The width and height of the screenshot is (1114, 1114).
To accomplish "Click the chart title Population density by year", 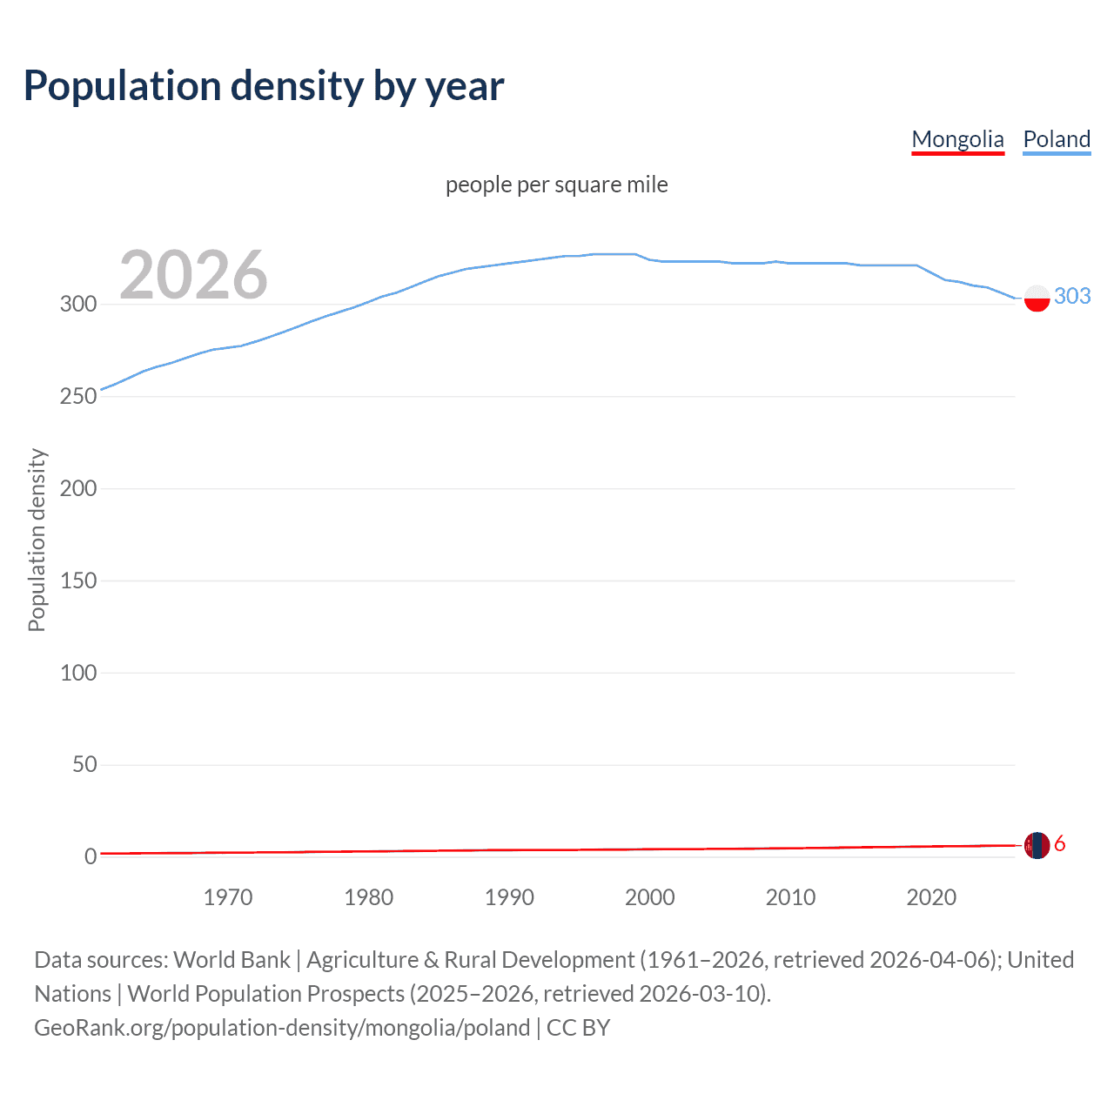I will (x=264, y=86).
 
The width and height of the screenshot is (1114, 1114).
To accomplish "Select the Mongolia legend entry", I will (x=957, y=139).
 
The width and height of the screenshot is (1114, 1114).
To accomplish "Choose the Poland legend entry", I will (x=1057, y=139).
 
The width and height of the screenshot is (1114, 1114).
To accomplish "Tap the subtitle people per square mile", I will (x=556, y=185).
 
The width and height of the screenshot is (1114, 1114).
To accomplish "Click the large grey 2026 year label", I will (x=193, y=275).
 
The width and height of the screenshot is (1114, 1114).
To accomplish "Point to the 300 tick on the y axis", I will (x=77, y=304).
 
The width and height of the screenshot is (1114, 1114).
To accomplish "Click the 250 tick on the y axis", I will (x=77, y=396).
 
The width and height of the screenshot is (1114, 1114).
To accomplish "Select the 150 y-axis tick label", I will (x=77, y=580).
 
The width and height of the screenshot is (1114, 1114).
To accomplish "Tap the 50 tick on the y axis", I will (x=84, y=764).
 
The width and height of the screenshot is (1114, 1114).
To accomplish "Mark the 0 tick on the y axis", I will (x=91, y=856).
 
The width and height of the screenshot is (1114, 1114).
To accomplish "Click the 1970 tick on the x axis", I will (x=228, y=897).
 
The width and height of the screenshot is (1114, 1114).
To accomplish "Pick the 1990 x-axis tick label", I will (x=509, y=897).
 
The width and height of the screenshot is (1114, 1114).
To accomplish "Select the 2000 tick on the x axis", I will (x=650, y=897).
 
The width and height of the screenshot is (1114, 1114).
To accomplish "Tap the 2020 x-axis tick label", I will (x=931, y=897).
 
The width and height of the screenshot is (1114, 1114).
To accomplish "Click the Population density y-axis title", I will (x=37, y=540).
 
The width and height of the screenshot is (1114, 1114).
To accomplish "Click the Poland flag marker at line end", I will (x=1037, y=298).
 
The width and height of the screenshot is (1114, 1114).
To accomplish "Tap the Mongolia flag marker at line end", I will (x=1037, y=845).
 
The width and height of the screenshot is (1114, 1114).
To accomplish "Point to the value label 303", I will (x=1072, y=296).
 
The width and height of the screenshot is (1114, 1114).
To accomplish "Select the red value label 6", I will (x=1059, y=843).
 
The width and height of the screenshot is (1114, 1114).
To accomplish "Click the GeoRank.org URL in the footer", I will (x=282, y=1028).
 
